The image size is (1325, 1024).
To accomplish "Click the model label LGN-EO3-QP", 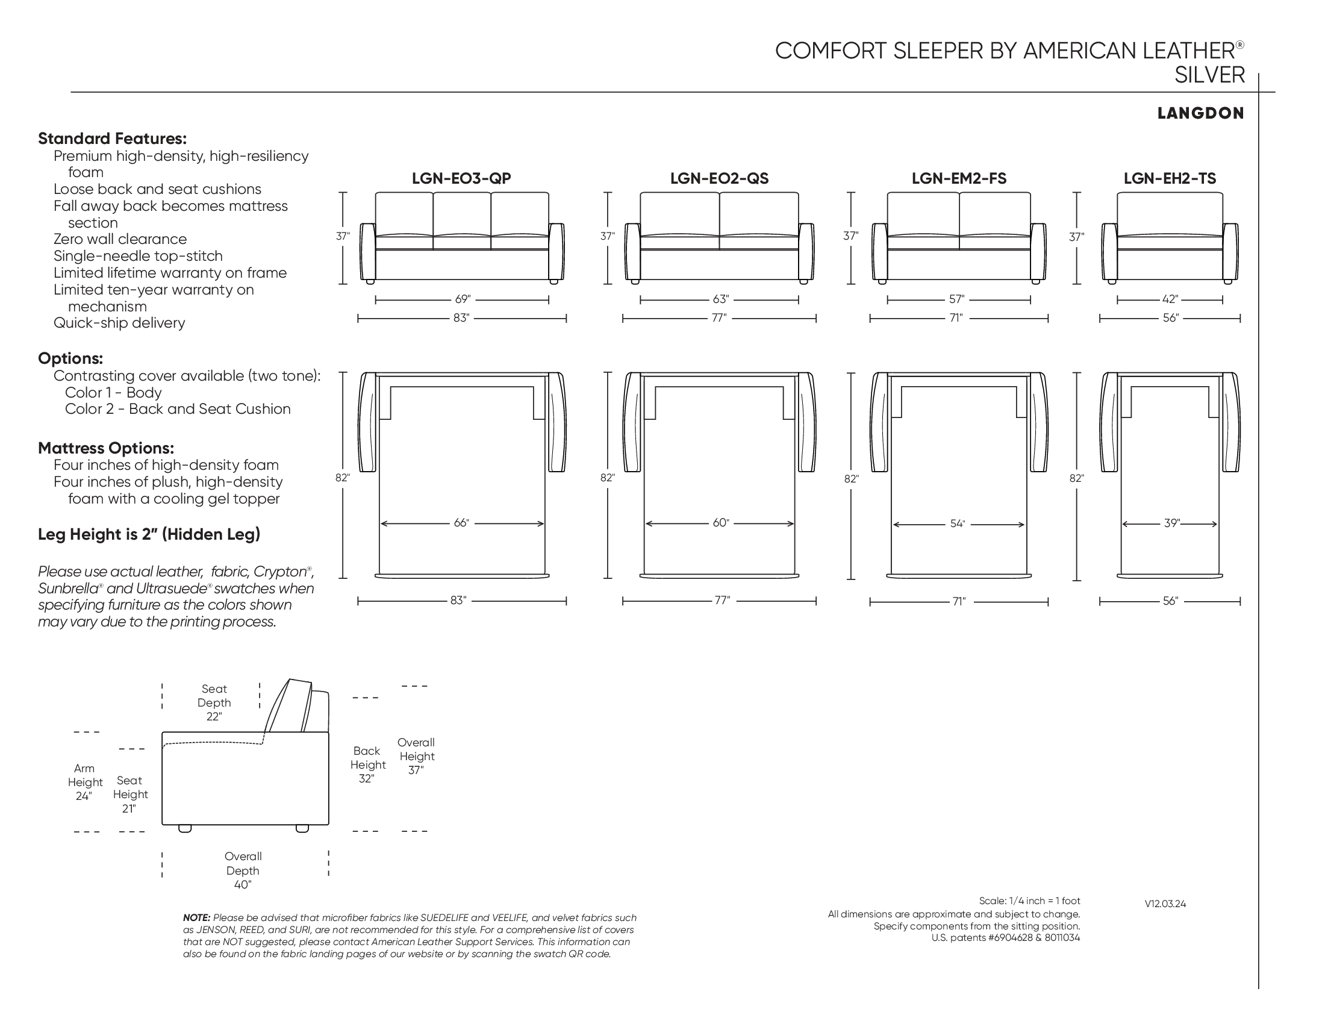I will click(461, 178).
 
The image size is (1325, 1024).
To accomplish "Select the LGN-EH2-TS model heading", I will click(1169, 178).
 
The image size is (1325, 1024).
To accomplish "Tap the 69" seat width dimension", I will click(463, 299).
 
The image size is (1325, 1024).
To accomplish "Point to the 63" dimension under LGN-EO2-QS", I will click(720, 299).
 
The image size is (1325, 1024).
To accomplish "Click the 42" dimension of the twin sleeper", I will click(1170, 299).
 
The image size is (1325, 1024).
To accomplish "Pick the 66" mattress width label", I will click(461, 523).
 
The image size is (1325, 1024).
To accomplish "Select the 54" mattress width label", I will click(958, 523).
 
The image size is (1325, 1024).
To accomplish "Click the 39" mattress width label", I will click(1171, 523).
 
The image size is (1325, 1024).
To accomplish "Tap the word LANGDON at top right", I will click(1200, 113).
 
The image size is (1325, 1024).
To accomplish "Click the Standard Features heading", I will click(112, 139).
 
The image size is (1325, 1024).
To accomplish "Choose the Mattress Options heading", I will click(106, 448).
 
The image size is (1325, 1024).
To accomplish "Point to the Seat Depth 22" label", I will click(214, 702).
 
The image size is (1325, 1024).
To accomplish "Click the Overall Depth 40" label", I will click(243, 870).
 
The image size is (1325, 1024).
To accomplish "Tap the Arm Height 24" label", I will click(84, 782).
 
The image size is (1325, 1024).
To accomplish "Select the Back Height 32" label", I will click(367, 764).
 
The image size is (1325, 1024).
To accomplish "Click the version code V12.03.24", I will click(1165, 904).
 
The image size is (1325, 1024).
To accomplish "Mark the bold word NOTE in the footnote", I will click(196, 918).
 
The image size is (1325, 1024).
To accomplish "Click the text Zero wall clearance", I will click(120, 239).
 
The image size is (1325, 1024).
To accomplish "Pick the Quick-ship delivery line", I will click(119, 323).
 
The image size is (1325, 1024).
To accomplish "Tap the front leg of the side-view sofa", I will click(185, 829).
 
